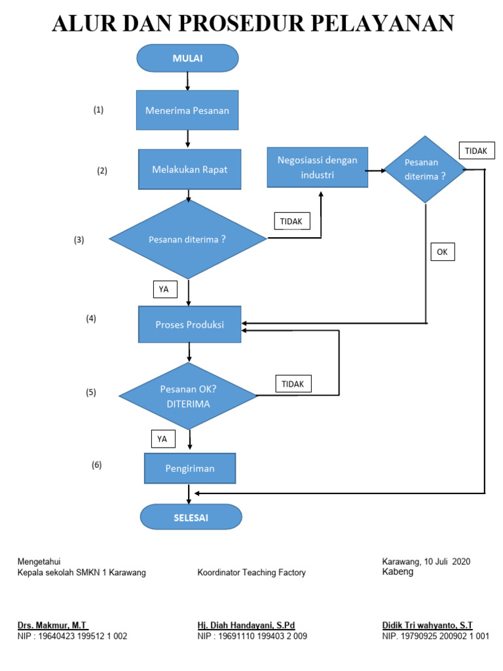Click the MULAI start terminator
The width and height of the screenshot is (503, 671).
click(187, 58)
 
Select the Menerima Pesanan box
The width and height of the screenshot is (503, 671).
click(187, 110)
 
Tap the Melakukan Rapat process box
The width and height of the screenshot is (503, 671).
click(189, 169)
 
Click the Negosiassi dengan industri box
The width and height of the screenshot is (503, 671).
click(318, 167)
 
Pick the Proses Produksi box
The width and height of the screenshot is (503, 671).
click(189, 324)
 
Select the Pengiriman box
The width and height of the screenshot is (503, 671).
click(189, 469)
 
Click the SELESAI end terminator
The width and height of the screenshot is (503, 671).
click(191, 518)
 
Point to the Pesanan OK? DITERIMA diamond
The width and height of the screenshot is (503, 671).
click(188, 396)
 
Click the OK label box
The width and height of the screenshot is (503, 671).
click(442, 252)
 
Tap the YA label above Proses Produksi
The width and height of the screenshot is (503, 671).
click(164, 288)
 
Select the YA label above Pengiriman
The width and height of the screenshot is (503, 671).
click(162, 439)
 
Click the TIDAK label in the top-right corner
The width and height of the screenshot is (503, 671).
click(476, 151)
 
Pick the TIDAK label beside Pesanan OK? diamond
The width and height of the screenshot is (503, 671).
click(293, 384)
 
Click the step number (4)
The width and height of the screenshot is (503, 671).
click(91, 319)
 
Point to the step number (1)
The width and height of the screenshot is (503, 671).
click(98, 110)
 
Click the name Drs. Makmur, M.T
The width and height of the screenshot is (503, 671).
click(52, 625)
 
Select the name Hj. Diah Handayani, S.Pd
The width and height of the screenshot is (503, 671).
click(246, 625)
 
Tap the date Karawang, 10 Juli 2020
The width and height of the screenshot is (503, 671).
click(426, 562)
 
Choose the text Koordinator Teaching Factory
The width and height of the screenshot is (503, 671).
click(251, 573)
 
